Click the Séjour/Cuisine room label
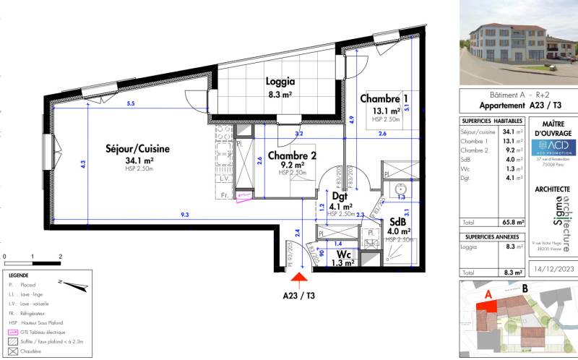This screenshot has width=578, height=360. (x=137, y=149)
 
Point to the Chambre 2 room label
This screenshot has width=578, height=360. (x=293, y=155)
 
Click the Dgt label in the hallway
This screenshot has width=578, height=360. (x=340, y=195)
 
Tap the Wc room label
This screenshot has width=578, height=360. (x=342, y=254)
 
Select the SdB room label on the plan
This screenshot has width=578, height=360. (x=397, y=222)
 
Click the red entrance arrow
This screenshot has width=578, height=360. (x=300, y=273)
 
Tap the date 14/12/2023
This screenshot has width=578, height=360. (x=553, y=271)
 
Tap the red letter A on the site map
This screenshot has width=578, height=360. (x=488, y=293)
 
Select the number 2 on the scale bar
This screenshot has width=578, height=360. (x=60, y=256)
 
